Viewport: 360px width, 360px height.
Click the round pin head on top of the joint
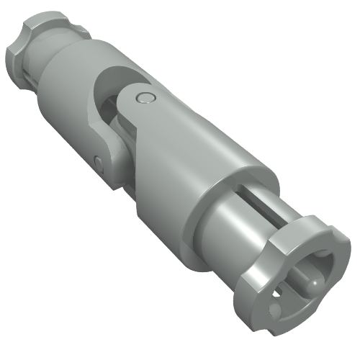click(146, 99)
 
